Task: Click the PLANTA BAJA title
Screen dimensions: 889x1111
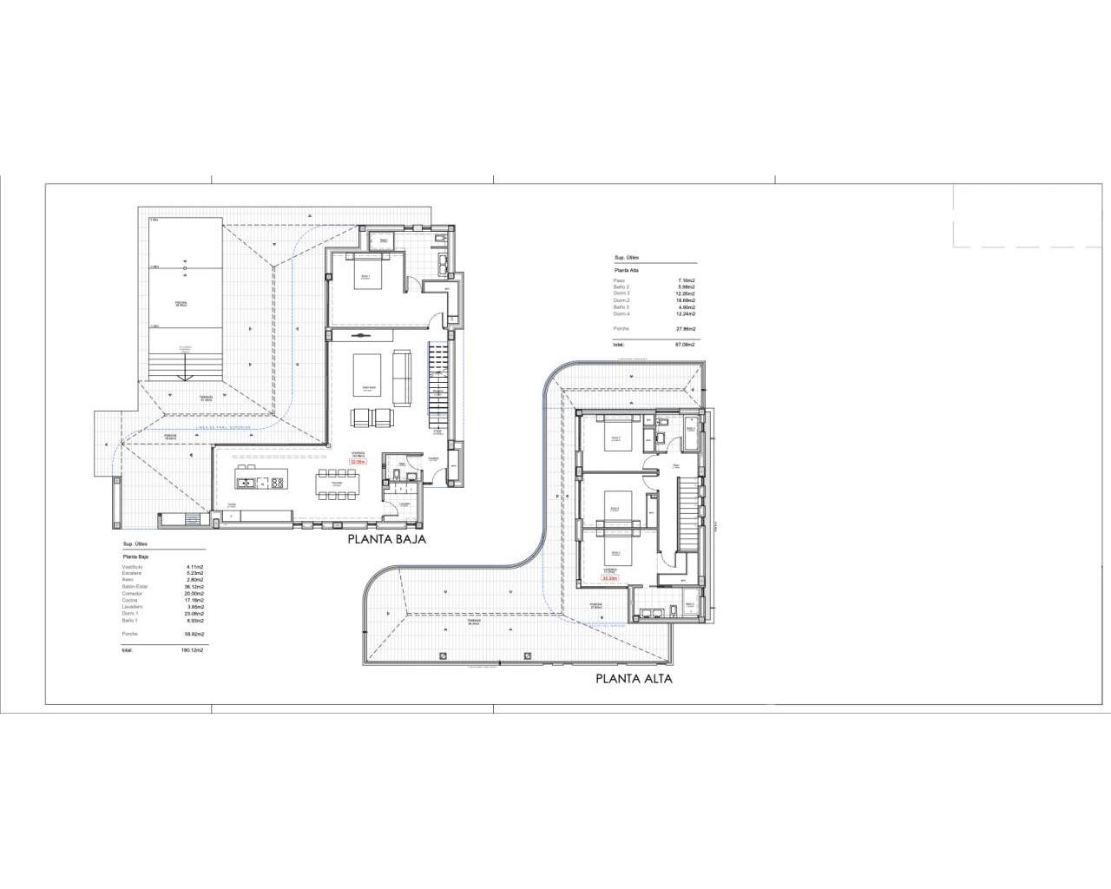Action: (386, 539)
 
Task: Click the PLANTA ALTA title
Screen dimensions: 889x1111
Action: (634, 679)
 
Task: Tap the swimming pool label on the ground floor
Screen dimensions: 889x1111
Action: (181, 304)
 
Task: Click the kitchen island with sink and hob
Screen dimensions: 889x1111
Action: (262, 483)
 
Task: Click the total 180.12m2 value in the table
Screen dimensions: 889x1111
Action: (191, 649)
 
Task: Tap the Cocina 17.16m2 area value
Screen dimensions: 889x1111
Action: (191, 600)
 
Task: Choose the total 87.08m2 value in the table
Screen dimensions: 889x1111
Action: (686, 345)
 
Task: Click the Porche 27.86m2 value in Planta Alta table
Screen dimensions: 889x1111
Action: (686, 329)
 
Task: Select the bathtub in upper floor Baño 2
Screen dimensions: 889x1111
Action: (691, 433)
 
